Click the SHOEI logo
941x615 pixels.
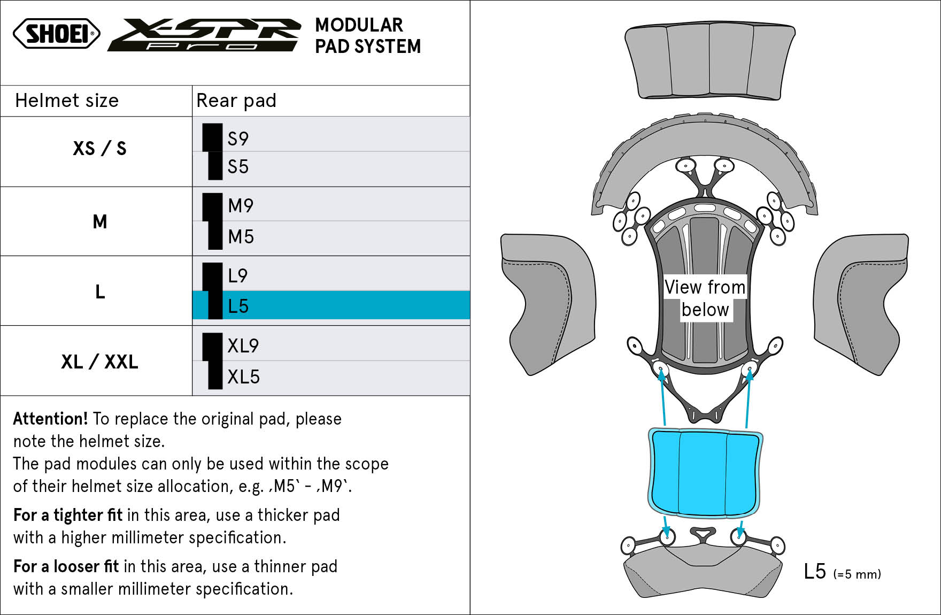coord(57,34)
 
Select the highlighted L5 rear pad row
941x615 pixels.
coord(331,305)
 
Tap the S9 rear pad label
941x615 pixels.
coord(238,139)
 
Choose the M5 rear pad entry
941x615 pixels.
coord(241,236)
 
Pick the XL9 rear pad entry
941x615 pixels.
coord(243,345)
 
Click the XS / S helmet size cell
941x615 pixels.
coord(99,148)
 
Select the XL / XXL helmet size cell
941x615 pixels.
coord(99,362)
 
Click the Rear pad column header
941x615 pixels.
coord(236,100)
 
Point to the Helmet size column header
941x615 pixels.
coord(67,100)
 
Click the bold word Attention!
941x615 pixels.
coord(50,418)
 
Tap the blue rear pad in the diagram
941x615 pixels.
coord(705,473)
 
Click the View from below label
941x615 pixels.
coord(705,298)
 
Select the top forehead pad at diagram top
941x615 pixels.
coord(710,61)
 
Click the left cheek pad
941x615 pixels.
coord(548,304)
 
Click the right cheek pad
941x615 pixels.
coord(861,304)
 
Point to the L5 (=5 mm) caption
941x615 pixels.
coord(842,572)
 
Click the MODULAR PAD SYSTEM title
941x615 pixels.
coord(368,35)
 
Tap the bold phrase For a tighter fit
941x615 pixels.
coord(68,514)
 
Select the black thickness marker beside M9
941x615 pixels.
coord(212,207)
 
